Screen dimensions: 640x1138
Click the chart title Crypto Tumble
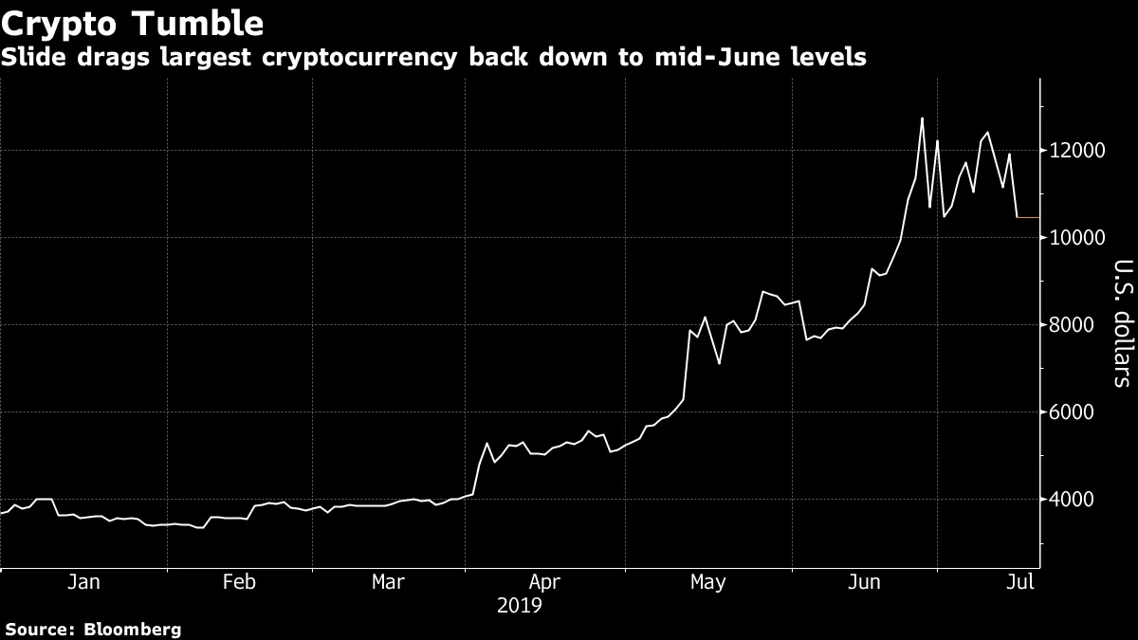coord(134,22)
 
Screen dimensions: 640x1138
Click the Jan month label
coord(83,582)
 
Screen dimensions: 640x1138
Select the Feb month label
coord(239,582)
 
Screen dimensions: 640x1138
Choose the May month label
coord(707,582)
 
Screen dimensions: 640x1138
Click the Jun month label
coord(864,582)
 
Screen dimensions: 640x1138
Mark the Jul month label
coord(1020,582)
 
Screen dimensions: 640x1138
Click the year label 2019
coord(520,605)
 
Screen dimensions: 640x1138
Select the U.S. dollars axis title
coord(1123,323)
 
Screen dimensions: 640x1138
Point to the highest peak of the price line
coord(922,119)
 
